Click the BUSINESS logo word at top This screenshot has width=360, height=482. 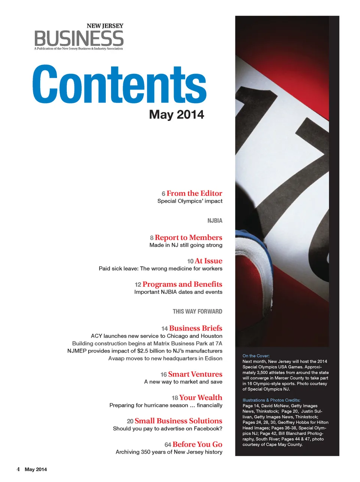(79, 38)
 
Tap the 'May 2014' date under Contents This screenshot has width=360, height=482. (176, 114)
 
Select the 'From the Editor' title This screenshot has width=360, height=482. (194, 193)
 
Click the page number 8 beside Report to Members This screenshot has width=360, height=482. (151, 238)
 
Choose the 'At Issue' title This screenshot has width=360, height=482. (208, 261)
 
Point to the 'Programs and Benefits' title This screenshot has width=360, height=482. (182, 284)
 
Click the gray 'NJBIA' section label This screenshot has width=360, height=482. (214, 221)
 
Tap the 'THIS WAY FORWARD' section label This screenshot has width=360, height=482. (197, 312)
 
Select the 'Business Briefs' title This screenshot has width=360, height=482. (195, 328)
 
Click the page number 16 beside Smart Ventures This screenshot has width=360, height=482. (163, 375)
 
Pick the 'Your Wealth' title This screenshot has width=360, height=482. (201, 398)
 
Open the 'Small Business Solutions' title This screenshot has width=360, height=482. (178, 421)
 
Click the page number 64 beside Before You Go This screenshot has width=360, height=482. (168, 445)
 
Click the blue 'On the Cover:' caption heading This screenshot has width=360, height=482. (256, 356)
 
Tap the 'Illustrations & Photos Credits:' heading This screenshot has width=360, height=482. (271, 400)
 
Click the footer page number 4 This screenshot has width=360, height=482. (18, 469)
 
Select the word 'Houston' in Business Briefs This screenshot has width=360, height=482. (211, 336)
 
